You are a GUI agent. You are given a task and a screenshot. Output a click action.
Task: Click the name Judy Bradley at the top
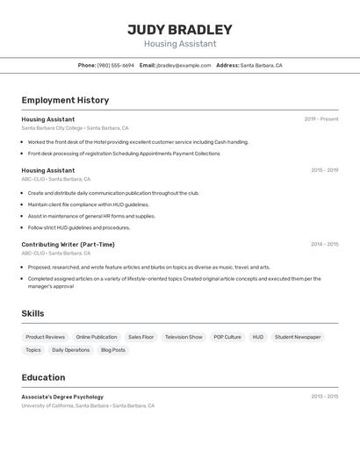click(180, 29)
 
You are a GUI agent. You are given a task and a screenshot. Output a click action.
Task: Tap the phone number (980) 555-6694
click(116, 65)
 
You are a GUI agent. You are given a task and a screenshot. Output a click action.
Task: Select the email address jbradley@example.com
click(184, 65)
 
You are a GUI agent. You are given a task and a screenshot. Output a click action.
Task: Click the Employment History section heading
click(65, 100)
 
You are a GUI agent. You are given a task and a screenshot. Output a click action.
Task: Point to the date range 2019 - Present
click(321, 119)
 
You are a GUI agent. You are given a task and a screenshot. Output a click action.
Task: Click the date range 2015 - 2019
click(324, 170)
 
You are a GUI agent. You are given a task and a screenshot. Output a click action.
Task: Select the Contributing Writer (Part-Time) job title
click(68, 245)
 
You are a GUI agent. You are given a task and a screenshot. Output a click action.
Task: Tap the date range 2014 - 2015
click(324, 245)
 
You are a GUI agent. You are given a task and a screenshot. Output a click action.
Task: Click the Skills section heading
click(33, 313)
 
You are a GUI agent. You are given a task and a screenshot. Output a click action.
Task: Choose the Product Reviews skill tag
click(46, 337)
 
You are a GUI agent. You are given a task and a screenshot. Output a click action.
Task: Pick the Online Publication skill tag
click(97, 337)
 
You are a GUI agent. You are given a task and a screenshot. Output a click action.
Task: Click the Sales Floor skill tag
click(140, 337)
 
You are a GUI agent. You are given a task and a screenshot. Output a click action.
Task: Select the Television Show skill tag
click(184, 337)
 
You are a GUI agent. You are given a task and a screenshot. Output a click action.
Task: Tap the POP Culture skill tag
click(227, 337)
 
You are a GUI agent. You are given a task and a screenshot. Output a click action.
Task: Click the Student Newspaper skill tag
click(298, 337)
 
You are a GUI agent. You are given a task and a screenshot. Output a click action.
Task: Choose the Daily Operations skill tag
click(71, 350)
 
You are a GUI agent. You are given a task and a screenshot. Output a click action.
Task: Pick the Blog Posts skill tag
click(113, 350)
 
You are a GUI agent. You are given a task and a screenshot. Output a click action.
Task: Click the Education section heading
click(44, 377)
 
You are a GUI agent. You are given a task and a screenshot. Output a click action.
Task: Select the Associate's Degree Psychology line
click(62, 397)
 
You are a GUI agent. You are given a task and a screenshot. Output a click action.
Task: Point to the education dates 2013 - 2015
click(324, 397)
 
